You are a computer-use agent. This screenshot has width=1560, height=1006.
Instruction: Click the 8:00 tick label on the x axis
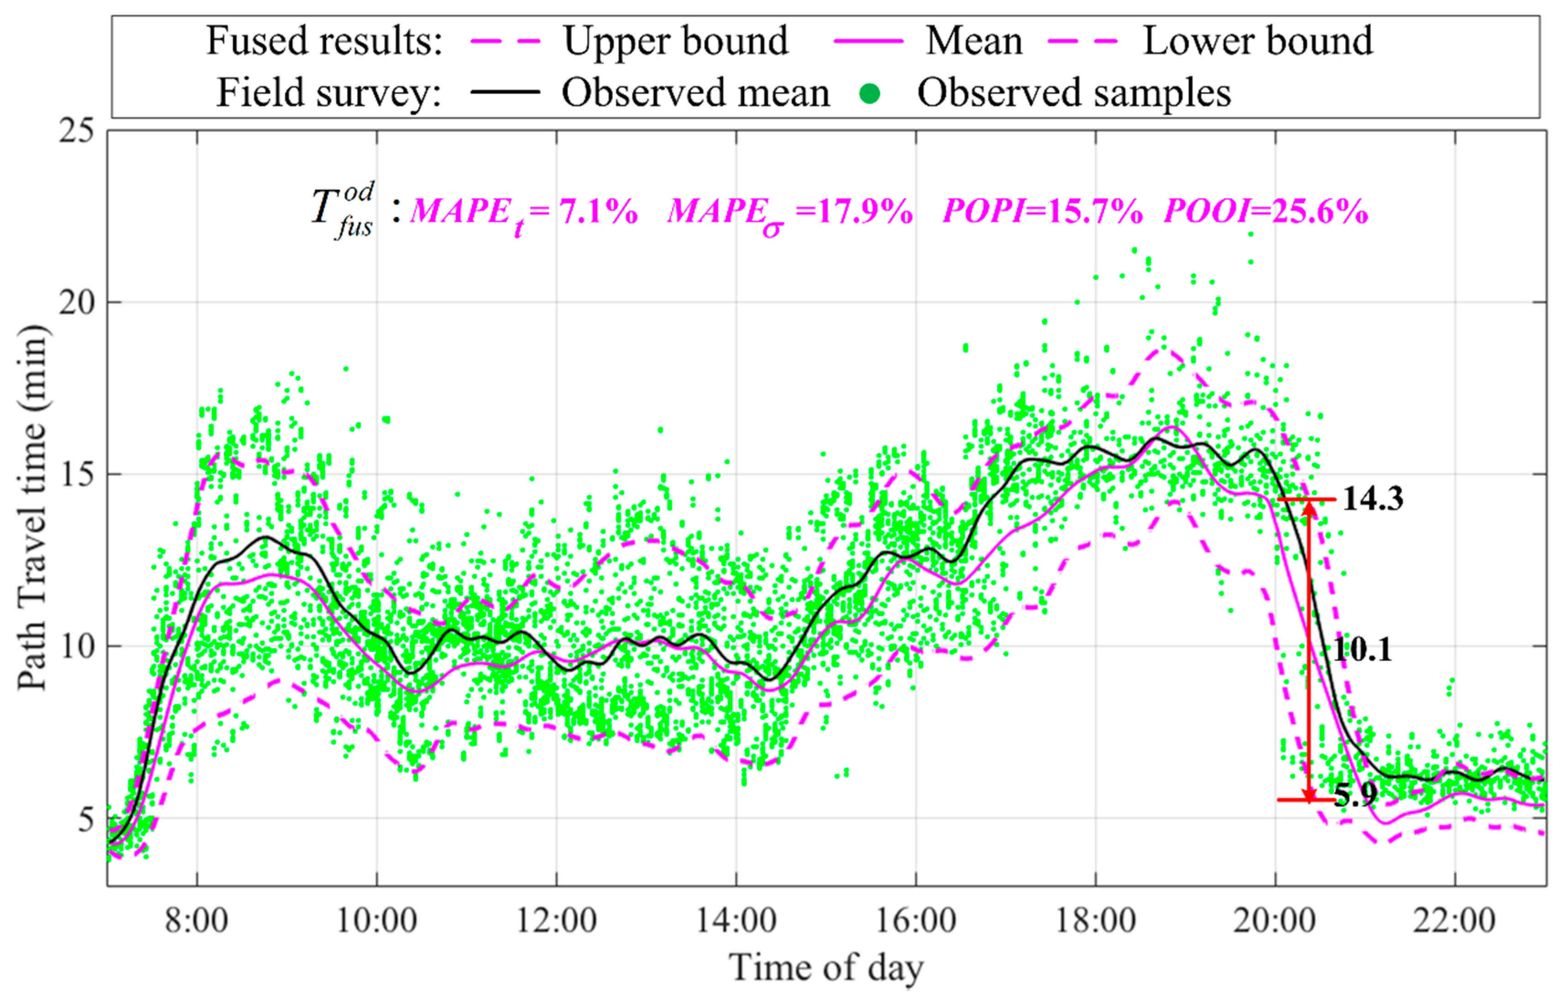[196, 921]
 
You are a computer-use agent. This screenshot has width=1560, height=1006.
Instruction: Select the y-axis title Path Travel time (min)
[33, 508]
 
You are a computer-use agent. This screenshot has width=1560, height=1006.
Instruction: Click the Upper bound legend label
[676, 41]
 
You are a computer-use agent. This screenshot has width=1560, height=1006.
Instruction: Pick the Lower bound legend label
[1257, 41]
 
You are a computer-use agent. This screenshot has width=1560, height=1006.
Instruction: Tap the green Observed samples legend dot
[870, 94]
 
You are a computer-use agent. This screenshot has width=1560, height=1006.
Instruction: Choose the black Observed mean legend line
[505, 92]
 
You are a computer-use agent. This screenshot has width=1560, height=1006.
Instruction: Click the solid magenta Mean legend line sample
[868, 41]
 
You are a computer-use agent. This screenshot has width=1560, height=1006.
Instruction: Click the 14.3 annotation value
[1372, 499]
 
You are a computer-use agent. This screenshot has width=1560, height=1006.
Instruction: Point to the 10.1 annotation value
[1362, 650]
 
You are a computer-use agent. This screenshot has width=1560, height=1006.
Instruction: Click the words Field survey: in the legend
[329, 93]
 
